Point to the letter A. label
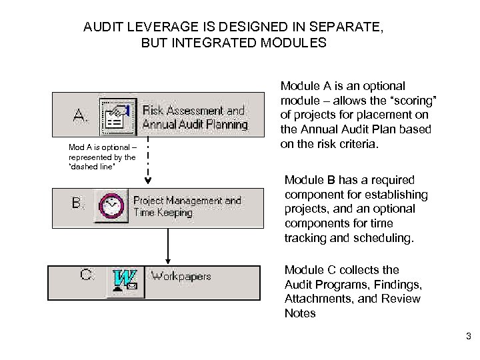tap(81, 117)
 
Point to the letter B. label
tap(79, 203)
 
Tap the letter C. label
tap(87, 275)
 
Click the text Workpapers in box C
tap(181, 276)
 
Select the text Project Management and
tap(187, 200)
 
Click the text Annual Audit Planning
tap(195, 125)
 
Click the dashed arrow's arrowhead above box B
tap(147, 179)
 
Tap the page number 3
tap(467, 336)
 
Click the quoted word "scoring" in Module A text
tap(412, 100)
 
